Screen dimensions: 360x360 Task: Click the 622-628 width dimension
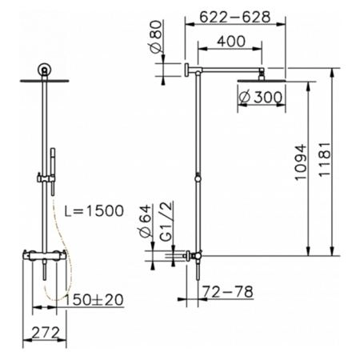coord(235,17)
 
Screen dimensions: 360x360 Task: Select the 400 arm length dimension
coord(231,42)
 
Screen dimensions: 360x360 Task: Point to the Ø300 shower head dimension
coord(260,98)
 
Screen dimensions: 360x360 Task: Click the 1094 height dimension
coord(301,162)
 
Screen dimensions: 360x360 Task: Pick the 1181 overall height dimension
coord(324,159)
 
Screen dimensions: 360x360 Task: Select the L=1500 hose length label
coord(94,211)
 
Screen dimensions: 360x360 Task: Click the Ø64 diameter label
coord(146,221)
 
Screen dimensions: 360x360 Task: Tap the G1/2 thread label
coord(167,222)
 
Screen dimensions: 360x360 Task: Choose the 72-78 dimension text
coord(227,292)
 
